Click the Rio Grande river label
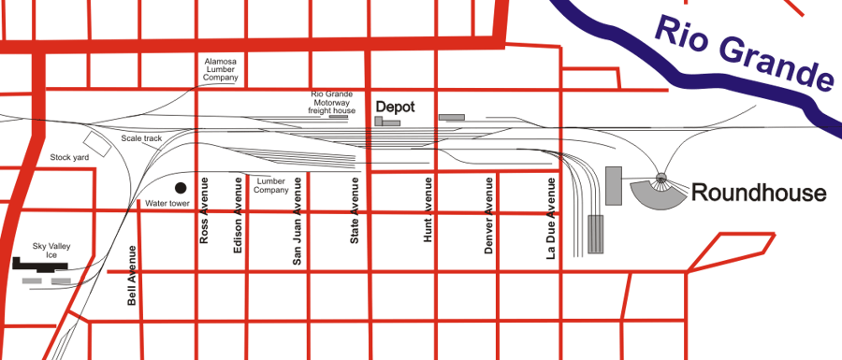pyautogui.click(x=743, y=52)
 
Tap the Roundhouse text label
pyautogui.click(x=759, y=194)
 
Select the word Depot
pyautogui.click(x=395, y=107)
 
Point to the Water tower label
pyautogui.click(x=167, y=203)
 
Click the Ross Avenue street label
pyautogui.click(x=205, y=210)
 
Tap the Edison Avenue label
pyautogui.click(x=239, y=210)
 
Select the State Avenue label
pyautogui.click(x=355, y=211)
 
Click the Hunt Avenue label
pyautogui.click(x=428, y=210)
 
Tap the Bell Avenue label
pyautogui.click(x=132, y=276)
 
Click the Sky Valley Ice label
pyautogui.click(x=51, y=251)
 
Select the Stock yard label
pyautogui.click(x=69, y=158)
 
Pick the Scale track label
pyautogui.click(x=141, y=138)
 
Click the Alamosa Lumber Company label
pyautogui.click(x=221, y=70)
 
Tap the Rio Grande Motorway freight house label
pyautogui.click(x=332, y=102)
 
